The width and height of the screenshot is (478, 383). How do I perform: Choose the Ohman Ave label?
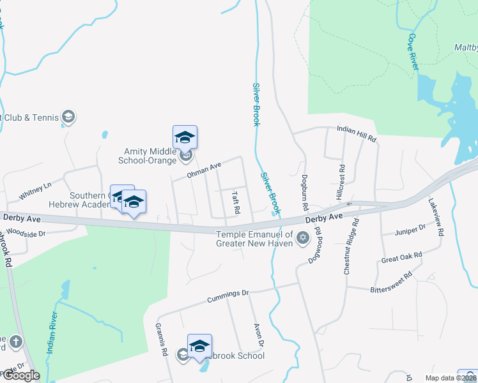(x=204, y=170)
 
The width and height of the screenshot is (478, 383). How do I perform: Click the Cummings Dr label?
(x=227, y=296)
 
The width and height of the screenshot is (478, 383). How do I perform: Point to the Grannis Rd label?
(x=161, y=339)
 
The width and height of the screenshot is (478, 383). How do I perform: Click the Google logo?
(x=22, y=375)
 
